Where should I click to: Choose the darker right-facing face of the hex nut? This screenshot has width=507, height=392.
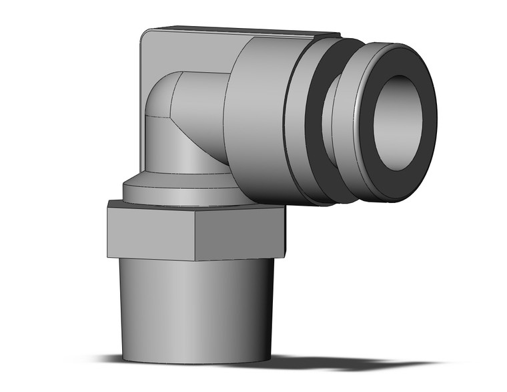[240, 234]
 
